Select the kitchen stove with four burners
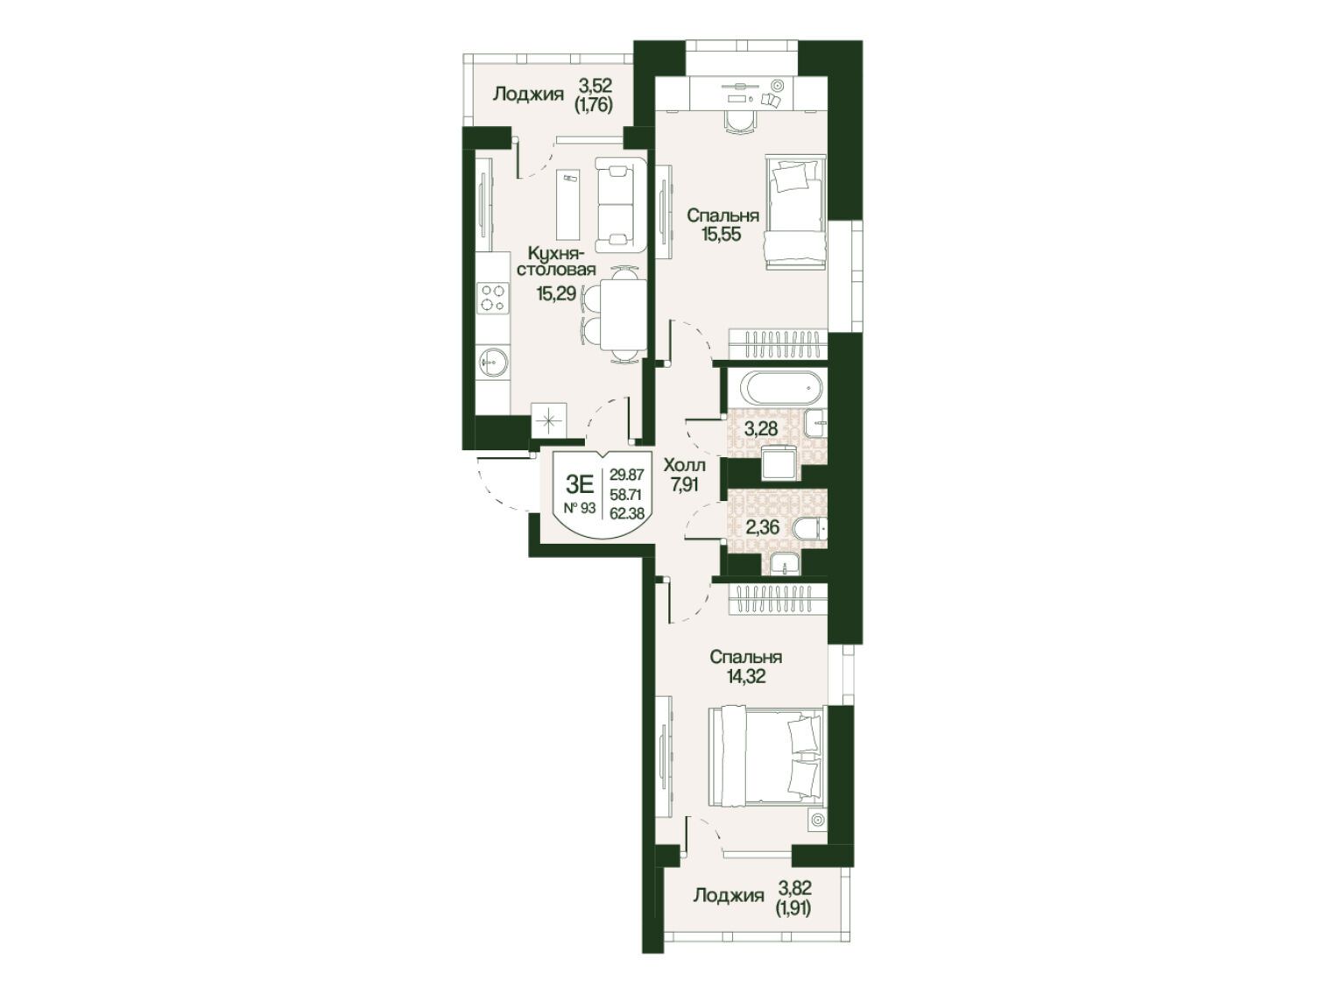(x=492, y=299)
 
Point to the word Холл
(x=684, y=465)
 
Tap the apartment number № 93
(x=580, y=508)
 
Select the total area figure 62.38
(x=626, y=513)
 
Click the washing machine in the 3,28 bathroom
(x=780, y=463)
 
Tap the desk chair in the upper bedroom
(x=739, y=123)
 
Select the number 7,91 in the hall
(x=685, y=484)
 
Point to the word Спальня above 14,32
(x=746, y=657)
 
